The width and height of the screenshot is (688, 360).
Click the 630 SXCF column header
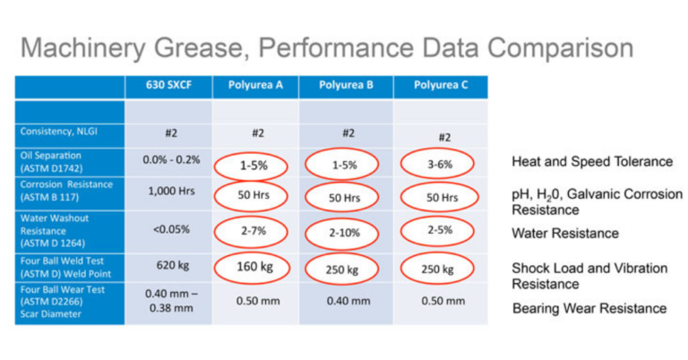[x=168, y=86]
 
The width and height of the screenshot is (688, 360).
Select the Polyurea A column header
[x=257, y=86]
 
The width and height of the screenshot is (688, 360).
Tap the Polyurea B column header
[x=347, y=86]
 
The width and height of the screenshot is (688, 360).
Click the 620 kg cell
[x=168, y=266]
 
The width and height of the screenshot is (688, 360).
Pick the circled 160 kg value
[x=254, y=266]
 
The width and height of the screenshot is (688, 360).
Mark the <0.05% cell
[x=168, y=229]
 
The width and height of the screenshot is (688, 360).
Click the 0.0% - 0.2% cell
[x=168, y=160]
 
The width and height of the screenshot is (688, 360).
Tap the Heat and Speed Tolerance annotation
[x=591, y=161]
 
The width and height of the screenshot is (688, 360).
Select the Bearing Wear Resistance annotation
[x=589, y=308]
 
